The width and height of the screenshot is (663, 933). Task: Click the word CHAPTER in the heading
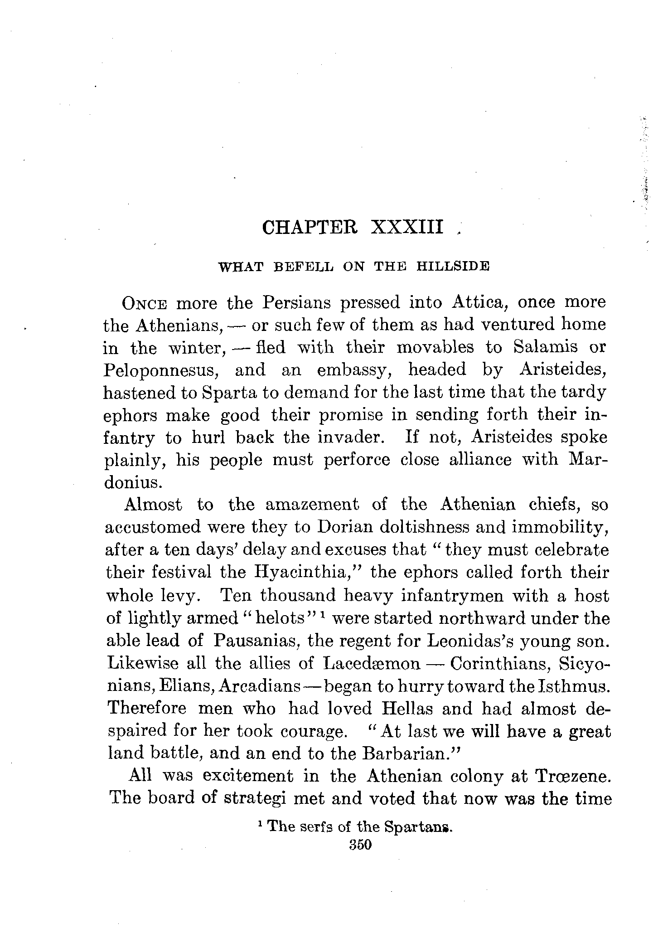(310, 227)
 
